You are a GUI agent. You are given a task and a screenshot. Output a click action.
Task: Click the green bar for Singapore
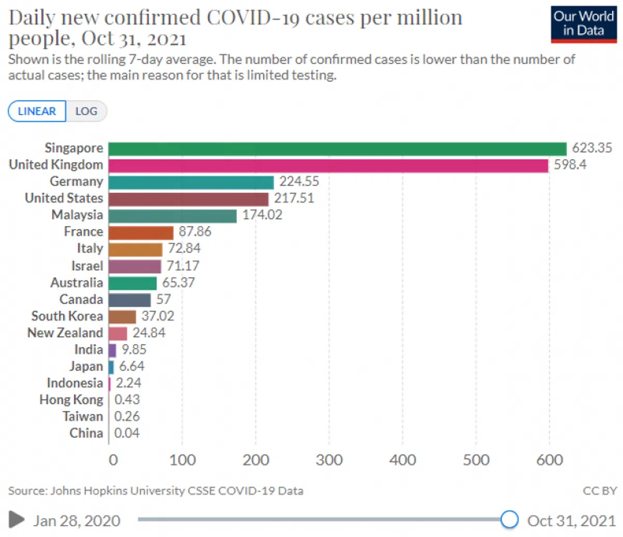[x=337, y=149]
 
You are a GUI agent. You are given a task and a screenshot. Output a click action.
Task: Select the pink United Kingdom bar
[x=328, y=165]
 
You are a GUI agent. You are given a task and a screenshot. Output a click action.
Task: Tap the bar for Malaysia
[x=172, y=216]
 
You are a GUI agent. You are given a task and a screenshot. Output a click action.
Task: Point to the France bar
[x=141, y=233]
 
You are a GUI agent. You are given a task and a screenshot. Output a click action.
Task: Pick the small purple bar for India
[x=112, y=350]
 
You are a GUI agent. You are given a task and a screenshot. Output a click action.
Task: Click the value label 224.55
[x=299, y=181]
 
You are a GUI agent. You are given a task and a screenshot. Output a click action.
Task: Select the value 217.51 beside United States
[x=294, y=198]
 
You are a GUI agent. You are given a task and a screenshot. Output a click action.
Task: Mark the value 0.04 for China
[x=127, y=433]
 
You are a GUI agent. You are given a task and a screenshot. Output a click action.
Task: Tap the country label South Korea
[x=67, y=316]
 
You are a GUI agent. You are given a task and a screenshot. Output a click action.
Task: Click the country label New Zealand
[x=65, y=333]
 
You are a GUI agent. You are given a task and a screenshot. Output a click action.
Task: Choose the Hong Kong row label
[x=71, y=400]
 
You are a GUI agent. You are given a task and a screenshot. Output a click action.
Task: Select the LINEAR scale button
[x=37, y=111]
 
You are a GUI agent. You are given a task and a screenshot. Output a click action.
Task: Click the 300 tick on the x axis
[x=329, y=460]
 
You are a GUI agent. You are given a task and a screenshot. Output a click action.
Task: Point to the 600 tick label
[x=549, y=460]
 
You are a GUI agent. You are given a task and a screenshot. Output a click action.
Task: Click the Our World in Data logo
[x=584, y=24]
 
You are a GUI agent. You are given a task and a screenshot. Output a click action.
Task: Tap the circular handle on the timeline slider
[x=510, y=519]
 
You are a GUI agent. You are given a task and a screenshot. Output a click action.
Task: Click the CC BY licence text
[x=600, y=490]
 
